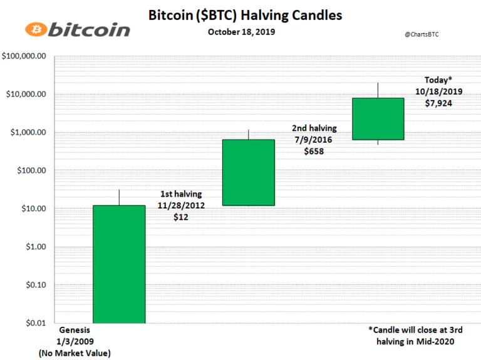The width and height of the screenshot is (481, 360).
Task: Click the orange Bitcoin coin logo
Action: click(x=36, y=29)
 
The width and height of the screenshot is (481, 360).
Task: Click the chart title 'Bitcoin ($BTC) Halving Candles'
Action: click(x=245, y=15)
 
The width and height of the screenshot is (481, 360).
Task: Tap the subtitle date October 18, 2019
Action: click(x=241, y=32)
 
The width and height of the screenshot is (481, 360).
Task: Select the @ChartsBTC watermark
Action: click(x=422, y=34)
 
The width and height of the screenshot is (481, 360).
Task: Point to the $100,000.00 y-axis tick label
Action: click(x=24, y=56)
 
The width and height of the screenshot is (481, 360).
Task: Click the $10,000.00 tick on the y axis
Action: click(x=26, y=94)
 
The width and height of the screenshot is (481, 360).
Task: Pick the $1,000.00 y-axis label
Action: click(x=28, y=132)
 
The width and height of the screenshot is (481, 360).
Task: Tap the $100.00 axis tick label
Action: click(x=31, y=170)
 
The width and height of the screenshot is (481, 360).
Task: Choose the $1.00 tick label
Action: click(x=36, y=247)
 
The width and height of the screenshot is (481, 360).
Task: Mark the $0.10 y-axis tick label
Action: click(x=36, y=285)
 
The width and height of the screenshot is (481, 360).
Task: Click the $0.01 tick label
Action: click(x=36, y=323)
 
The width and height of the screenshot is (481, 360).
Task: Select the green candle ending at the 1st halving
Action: click(x=119, y=264)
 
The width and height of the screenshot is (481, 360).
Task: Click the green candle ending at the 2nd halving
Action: click(x=249, y=172)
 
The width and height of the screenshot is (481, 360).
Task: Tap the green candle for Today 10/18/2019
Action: click(x=378, y=119)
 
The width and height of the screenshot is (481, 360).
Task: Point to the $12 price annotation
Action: click(x=180, y=217)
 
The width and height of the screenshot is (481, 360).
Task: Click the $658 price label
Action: click(x=314, y=151)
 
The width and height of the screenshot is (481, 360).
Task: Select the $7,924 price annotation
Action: click(x=438, y=103)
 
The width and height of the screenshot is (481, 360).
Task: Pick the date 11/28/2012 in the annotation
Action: click(x=181, y=205)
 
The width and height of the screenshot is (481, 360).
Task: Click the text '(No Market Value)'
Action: click(x=75, y=353)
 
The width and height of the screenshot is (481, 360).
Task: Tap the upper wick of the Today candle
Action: click(x=378, y=90)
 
